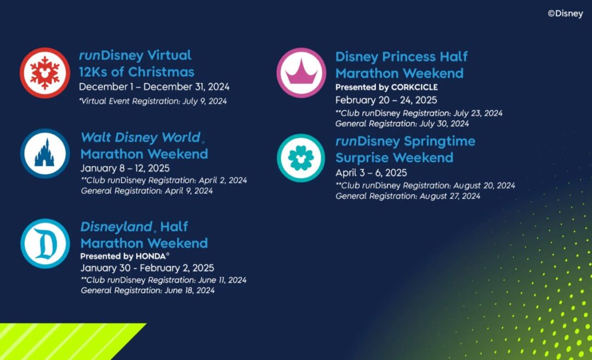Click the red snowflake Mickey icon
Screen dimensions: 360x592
click(45, 73)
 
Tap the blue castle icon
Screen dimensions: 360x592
click(45, 153)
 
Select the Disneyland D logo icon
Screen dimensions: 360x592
click(45, 243)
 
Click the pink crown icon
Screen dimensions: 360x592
click(301, 73)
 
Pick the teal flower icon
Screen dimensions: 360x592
click(301, 158)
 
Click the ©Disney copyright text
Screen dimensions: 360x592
click(565, 14)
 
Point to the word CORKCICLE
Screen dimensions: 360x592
click(414, 87)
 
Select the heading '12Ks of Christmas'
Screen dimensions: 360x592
click(136, 72)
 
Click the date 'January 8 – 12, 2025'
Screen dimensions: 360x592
click(125, 168)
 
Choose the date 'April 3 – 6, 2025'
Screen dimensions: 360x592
click(371, 173)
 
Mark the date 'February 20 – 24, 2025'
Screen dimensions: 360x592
click(386, 100)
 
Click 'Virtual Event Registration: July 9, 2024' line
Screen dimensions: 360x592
click(153, 101)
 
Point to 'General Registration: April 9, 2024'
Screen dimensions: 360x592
click(147, 191)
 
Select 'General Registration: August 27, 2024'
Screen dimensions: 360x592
click(408, 196)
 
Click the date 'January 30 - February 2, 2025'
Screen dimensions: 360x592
click(147, 268)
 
